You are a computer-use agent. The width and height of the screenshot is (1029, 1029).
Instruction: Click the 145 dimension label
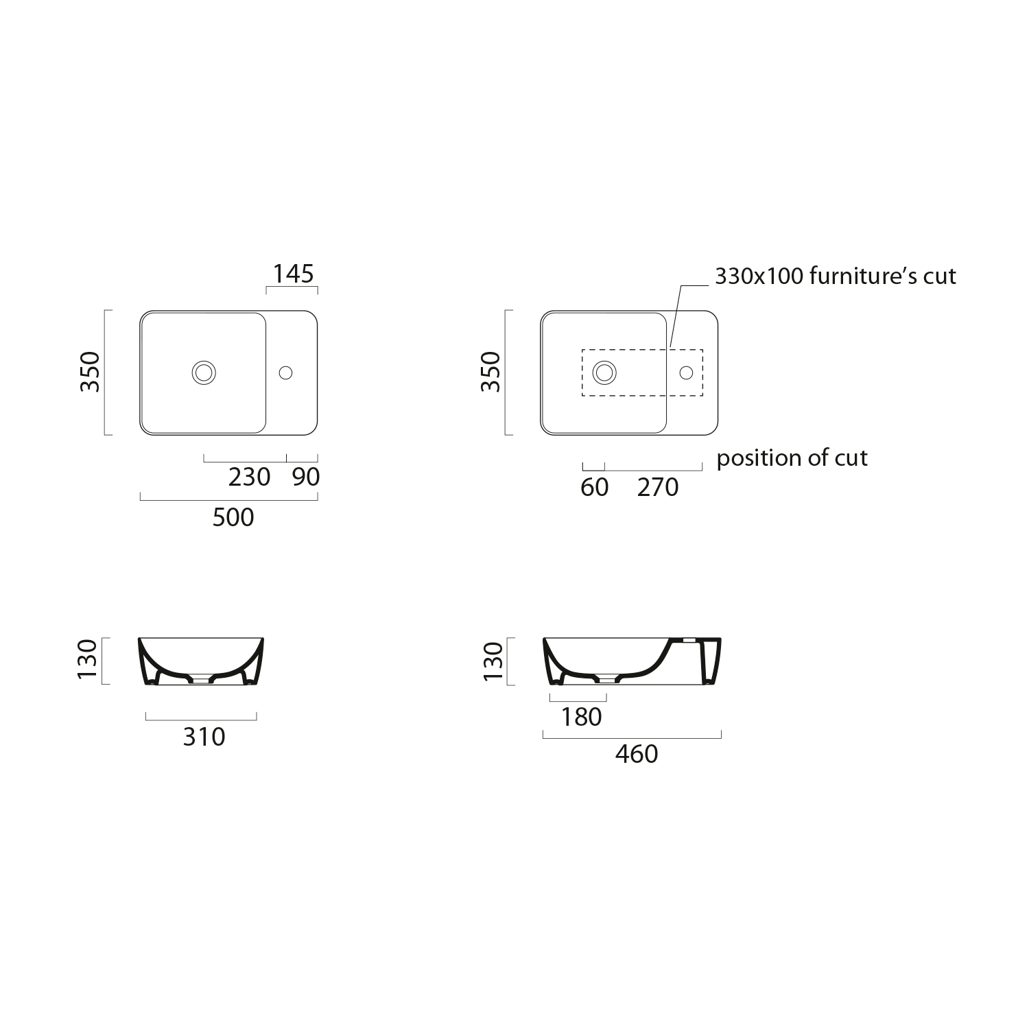point(294,274)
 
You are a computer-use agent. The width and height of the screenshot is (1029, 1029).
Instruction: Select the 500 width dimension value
point(233,517)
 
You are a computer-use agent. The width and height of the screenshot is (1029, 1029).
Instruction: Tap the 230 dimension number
point(250,477)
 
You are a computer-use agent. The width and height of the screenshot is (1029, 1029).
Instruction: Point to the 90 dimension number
point(306,477)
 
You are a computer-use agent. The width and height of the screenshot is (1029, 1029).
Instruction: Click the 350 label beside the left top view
point(91,372)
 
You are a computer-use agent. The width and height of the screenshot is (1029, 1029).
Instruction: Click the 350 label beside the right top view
point(491,372)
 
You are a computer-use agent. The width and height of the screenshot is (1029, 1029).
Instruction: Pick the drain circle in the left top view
point(204,372)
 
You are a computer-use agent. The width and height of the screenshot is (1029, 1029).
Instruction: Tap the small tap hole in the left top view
point(286,372)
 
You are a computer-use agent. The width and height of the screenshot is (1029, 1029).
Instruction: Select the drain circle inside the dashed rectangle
point(604,372)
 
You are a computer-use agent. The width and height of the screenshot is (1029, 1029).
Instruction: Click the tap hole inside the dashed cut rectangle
point(686,372)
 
